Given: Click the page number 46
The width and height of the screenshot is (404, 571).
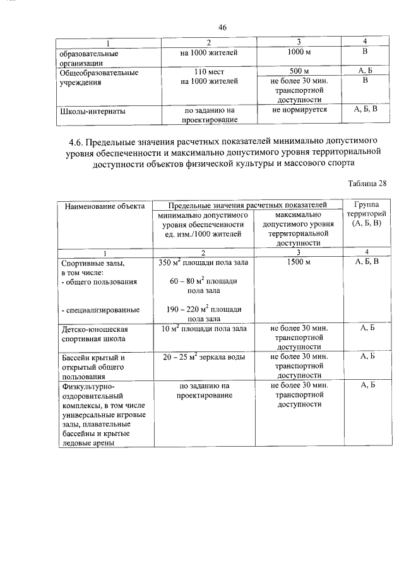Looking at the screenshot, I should (222, 27).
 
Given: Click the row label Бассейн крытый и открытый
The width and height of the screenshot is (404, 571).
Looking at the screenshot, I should (92, 362).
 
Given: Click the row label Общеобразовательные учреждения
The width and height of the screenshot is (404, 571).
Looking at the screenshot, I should (98, 76).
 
